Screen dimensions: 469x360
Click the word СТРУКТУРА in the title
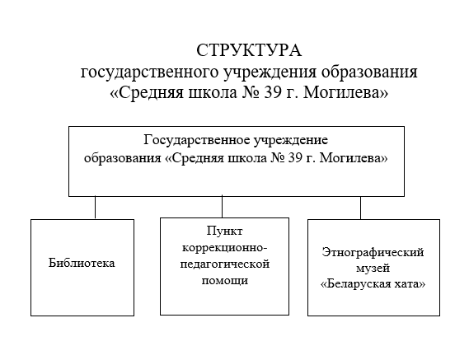point(249,50)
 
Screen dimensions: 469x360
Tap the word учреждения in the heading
point(270,72)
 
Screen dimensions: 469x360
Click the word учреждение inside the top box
point(291,141)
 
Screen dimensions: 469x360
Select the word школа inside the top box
point(246,158)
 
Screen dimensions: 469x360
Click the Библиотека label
point(82,263)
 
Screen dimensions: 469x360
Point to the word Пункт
point(225,231)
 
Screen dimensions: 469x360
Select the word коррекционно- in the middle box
point(224,248)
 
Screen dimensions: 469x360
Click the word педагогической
point(225,264)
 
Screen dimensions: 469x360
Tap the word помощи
point(225,281)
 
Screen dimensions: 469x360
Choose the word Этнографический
point(373,253)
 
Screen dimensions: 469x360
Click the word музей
point(373,269)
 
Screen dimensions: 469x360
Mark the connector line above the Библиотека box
point(95,208)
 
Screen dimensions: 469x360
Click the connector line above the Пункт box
point(223,206)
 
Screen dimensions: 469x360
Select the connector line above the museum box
point(360,208)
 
